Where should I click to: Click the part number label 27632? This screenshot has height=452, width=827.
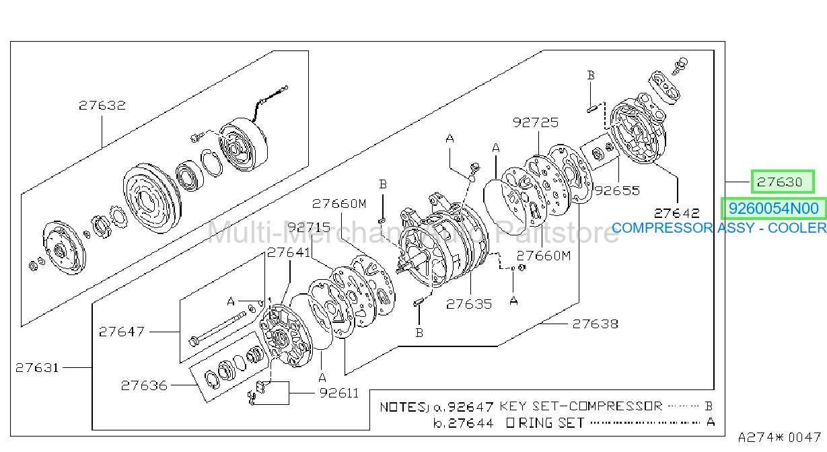pyautogui.click(x=102, y=106)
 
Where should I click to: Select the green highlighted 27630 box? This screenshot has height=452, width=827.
pyautogui.click(x=783, y=182)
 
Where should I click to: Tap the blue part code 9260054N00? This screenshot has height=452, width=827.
pyautogui.click(x=773, y=209)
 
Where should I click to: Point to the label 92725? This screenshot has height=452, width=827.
pyautogui.click(x=536, y=122)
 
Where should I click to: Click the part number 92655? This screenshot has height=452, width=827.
pyautogui.click(x=616, y=191)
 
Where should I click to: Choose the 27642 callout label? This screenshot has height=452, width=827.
pyautogui.click(x=676, y=213)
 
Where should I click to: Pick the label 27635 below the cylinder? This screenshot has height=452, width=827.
pyautogui.click(x=469, y=305)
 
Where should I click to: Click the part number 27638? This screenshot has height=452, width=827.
pyautogui.click(x=595, y=324)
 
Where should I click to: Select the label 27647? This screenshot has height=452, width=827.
pyautogui.click(x=122, y=332)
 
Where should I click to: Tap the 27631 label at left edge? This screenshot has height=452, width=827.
pyautogui.click(x=37, y=368)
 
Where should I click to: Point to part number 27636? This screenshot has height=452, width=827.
pyautogui.click(x=144, y=386)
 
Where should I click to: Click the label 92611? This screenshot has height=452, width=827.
pyautogui.click(x=339, y=393)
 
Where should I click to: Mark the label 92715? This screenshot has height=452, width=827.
pyautogui.click(x=309, y=227)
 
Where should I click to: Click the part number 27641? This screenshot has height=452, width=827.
pyautogui.click(x=289, y=253)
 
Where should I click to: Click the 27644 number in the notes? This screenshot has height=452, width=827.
pyautogui.click(x=471, y=423)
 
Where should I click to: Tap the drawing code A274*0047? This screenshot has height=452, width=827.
pyautogui.click(x=779, y=438)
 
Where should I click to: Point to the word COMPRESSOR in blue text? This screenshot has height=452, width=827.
pyautogui.click(x=663, y=228)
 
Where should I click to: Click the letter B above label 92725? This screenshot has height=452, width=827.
pyautogui.click(x=591, y=75)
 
